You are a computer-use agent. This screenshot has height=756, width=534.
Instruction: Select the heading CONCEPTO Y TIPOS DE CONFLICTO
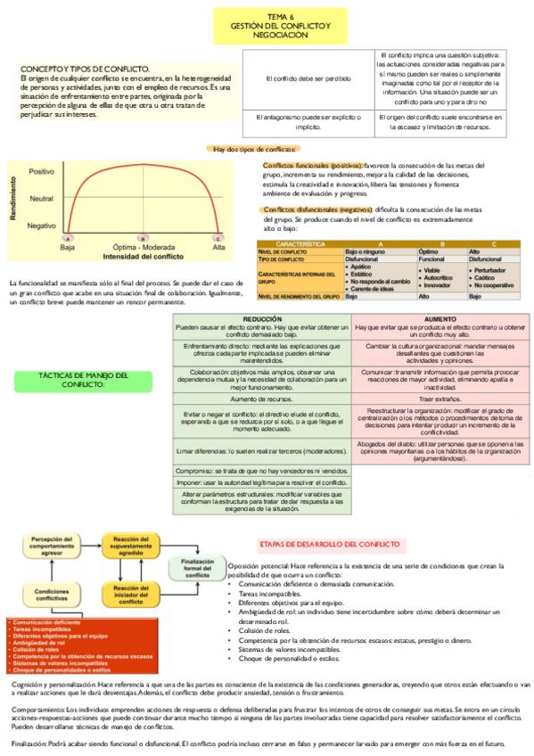pyautogui.click(x=86, y=69)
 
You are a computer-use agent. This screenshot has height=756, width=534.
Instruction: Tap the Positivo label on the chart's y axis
pyautogui.click(x=41, y=170)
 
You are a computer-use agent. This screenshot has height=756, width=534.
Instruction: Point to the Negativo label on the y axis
pyautogui.click(x=41, y=226)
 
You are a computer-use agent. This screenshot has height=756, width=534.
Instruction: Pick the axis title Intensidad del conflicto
pyautogui.click(x=143, y=257)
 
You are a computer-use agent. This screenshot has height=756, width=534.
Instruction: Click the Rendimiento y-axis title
pyautogui.click(x=12, y=198)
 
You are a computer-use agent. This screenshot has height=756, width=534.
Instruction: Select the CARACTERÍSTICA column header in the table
pyautogui.click(x=300, y=243)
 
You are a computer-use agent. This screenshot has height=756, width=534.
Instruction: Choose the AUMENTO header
pyautogui.click(x=440, y=318)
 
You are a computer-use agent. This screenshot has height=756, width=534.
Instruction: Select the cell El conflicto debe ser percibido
pyautogui.click(x=307, y=78)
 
